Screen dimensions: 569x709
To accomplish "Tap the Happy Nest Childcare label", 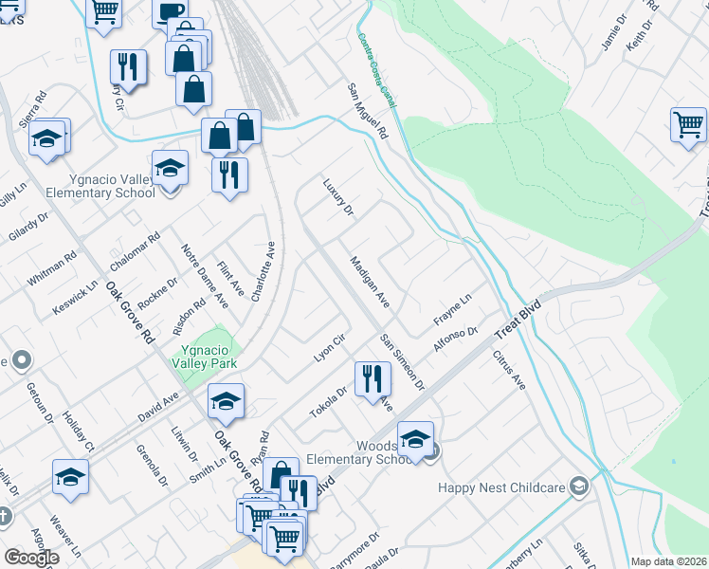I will pos(503,487).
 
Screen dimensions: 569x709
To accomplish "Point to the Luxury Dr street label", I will pos(337,196).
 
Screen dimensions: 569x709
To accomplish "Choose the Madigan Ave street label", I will pos(370,282).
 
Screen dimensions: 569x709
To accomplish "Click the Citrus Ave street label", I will pos(509,371).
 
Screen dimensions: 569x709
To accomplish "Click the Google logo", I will pos(31,558).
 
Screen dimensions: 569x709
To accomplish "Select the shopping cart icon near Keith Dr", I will pos(688,124).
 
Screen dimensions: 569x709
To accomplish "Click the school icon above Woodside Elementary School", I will pos(415,438).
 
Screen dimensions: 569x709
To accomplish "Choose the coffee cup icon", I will pos(171,11).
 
